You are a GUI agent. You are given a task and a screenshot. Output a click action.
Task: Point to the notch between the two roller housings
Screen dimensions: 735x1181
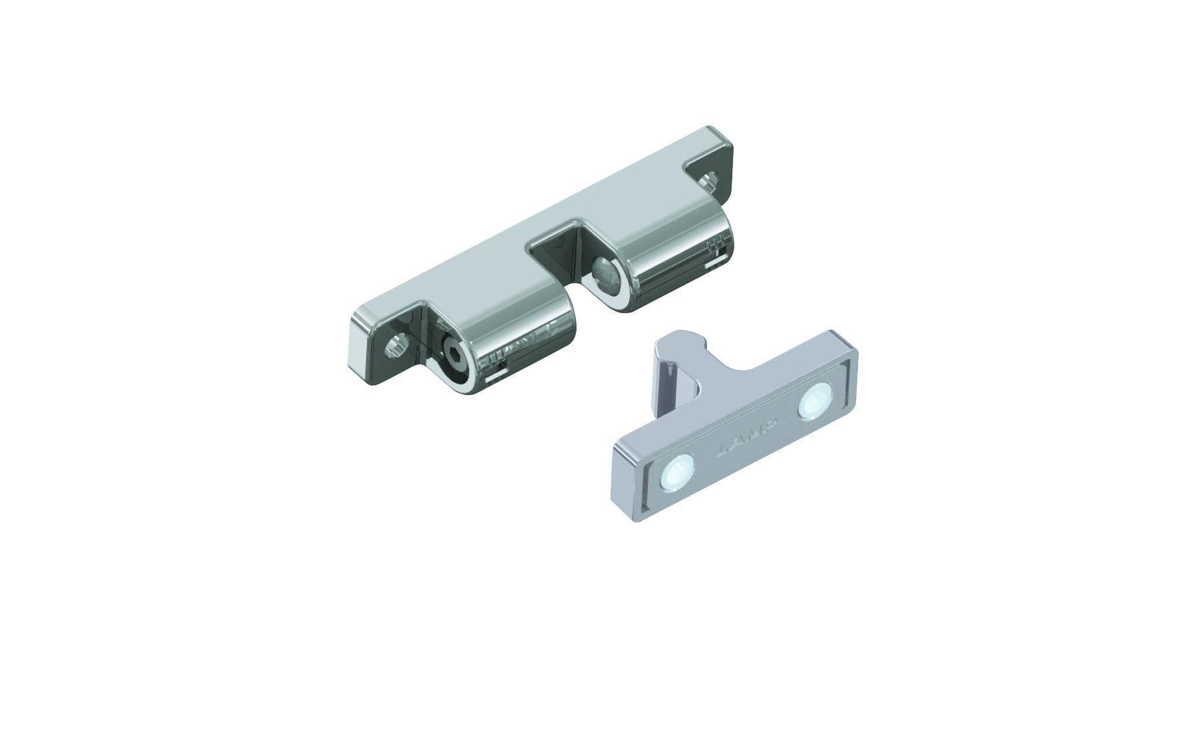559,257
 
